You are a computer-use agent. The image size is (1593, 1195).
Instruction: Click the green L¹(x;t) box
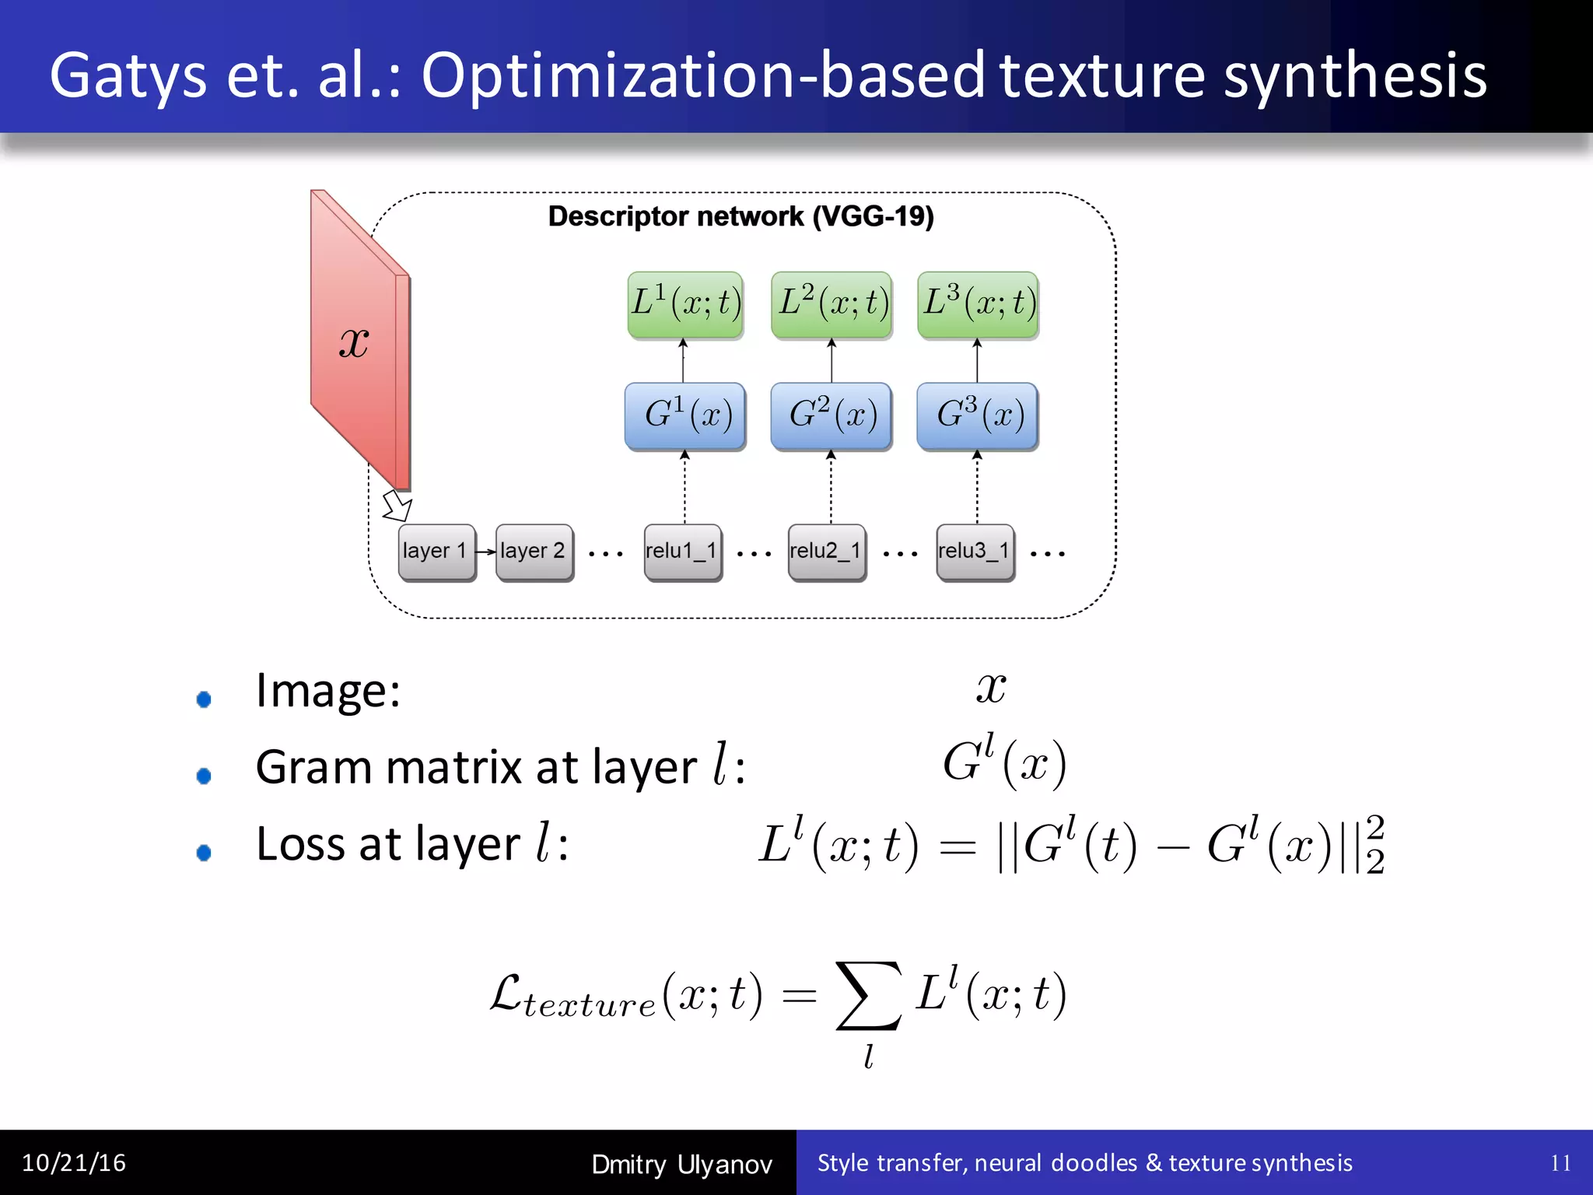[x=685, y=304]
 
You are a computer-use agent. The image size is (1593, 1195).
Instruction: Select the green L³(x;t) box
[x=978, y=304]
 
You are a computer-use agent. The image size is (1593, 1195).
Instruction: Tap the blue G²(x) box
[x=831, y=415]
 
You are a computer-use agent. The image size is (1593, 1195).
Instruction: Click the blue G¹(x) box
[x=685, y=415]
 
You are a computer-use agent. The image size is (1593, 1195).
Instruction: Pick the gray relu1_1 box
[x=682, y=552]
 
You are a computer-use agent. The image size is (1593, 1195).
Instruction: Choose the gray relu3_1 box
[x=975, y=552]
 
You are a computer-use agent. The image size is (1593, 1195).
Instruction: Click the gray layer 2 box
[x=534, y=552]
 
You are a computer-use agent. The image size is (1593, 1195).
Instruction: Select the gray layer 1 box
[x=436, y=552]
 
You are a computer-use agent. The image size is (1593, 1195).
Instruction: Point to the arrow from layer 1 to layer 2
[x=485, y=552]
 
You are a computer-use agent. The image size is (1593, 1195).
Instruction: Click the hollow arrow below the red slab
[x=397, y=506]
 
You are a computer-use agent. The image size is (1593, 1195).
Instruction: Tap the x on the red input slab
[x=354, y=342]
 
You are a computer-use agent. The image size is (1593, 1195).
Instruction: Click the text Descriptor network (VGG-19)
[x=740, y=216]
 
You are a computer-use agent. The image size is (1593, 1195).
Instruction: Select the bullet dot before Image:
[x=204, y=699]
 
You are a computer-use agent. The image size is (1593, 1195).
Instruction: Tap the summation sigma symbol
[x=868, y=996]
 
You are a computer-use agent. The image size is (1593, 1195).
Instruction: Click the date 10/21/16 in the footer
[x=74, y=1163]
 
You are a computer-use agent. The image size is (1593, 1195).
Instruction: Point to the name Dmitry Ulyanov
[x=681, y=1165]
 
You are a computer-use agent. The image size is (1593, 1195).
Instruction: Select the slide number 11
[x=1560, y=1163]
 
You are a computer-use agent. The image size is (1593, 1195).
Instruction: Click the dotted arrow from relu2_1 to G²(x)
[x=831, y=489]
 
